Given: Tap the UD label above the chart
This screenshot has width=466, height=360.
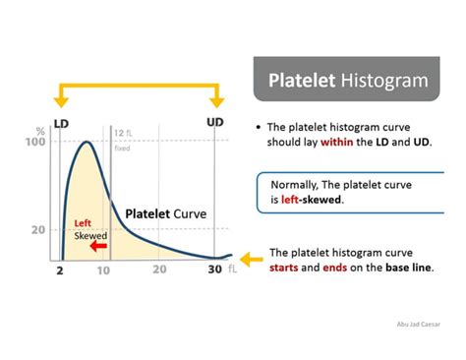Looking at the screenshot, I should (215, 122).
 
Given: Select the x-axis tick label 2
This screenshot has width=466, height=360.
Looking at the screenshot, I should (60, 270).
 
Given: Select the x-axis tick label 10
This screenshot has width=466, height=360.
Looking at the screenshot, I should (102, 270).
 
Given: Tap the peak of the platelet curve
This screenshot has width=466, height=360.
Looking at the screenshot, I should (86, 144).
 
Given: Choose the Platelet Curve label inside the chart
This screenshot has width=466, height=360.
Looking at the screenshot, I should (164, 211).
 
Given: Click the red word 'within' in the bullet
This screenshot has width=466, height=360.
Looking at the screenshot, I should (339, 142).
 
